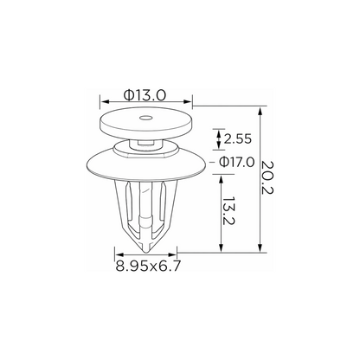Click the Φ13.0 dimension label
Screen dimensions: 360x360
(x=145, y=95)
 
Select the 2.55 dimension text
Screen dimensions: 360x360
(x=238, y=139)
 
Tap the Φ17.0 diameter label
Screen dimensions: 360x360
(x=237, y=162)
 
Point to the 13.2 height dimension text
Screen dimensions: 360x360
(x=229, y=211)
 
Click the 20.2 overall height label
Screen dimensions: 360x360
(x=267, y=177)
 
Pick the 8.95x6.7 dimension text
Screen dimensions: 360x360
(x=148, y=266)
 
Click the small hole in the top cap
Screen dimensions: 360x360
(x=145, y=119)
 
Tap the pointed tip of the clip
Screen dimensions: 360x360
(x=146, y=253)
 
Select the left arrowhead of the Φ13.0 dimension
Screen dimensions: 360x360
(x=105, y=101)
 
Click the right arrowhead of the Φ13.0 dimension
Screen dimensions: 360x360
(x=188, y=101)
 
